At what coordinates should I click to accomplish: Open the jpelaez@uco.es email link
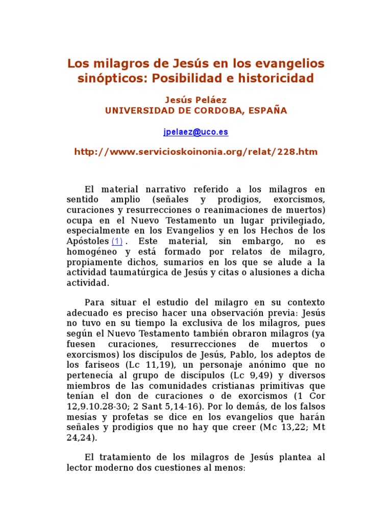tap(195, 132)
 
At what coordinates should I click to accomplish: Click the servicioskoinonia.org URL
tap(196, 152)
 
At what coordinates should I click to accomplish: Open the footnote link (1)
tap(117, 241)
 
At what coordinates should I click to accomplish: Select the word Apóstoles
tap(87, 241)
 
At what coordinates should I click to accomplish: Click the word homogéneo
tap(92, 251)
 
